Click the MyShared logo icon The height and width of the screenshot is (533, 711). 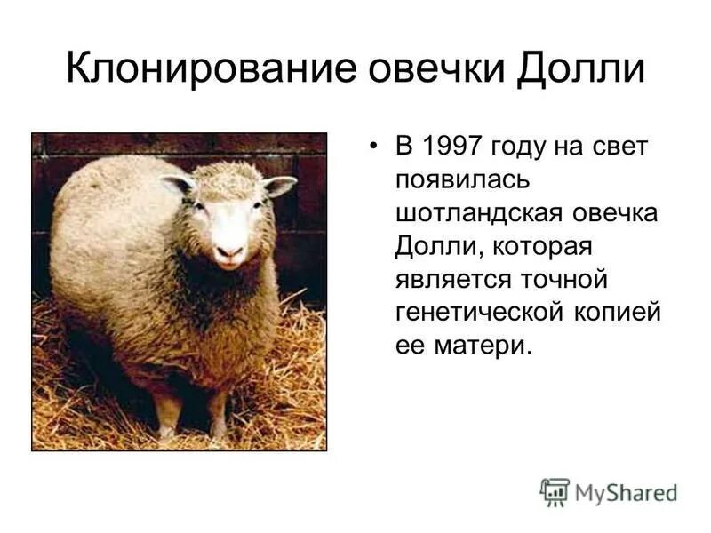(x=555, y=492)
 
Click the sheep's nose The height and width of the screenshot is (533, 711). (x=229, y=251)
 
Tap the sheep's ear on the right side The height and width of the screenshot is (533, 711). (x=279, y=186)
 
